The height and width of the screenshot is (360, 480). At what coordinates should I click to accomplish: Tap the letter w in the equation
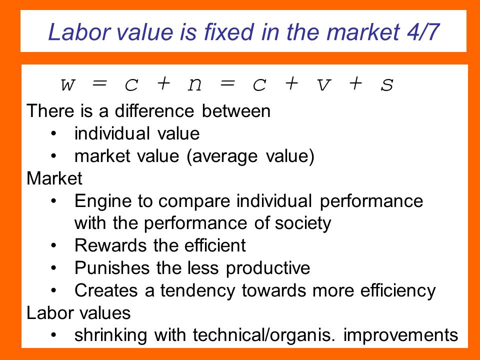click(67, 85)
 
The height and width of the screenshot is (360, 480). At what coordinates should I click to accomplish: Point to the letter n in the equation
click(194, 85)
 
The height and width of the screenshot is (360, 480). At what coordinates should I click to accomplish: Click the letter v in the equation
click(324, 85)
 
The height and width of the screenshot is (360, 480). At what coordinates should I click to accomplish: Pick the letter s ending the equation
click(387, 85)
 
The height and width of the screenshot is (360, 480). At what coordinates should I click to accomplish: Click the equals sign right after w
click(100, 83)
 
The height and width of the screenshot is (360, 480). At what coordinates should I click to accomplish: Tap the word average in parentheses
click(222, 156)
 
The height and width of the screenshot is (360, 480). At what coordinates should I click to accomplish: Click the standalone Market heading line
click(54, 178)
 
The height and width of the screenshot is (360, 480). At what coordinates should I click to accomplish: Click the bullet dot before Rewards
click(54, 245)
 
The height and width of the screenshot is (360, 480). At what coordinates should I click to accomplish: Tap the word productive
click(268, 268)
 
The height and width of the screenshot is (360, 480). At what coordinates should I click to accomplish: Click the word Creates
click(106, 290)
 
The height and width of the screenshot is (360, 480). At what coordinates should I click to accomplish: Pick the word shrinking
click(111, 335)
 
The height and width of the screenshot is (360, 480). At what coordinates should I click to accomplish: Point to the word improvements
click(400, 335)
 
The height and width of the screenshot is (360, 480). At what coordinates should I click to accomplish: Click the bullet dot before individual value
click(54, 133)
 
